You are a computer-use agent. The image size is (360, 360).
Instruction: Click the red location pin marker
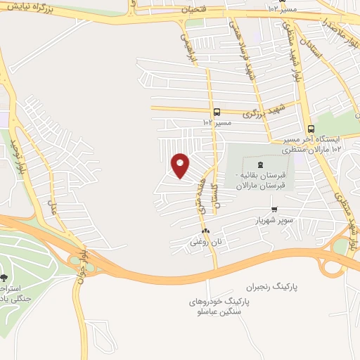click(181, 165)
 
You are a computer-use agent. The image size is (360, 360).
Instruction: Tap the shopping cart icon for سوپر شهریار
click(274, 209)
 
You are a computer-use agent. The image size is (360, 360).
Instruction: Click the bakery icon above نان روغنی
click(205, 231)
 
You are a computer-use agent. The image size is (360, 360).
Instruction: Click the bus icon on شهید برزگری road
click(217, 112)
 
